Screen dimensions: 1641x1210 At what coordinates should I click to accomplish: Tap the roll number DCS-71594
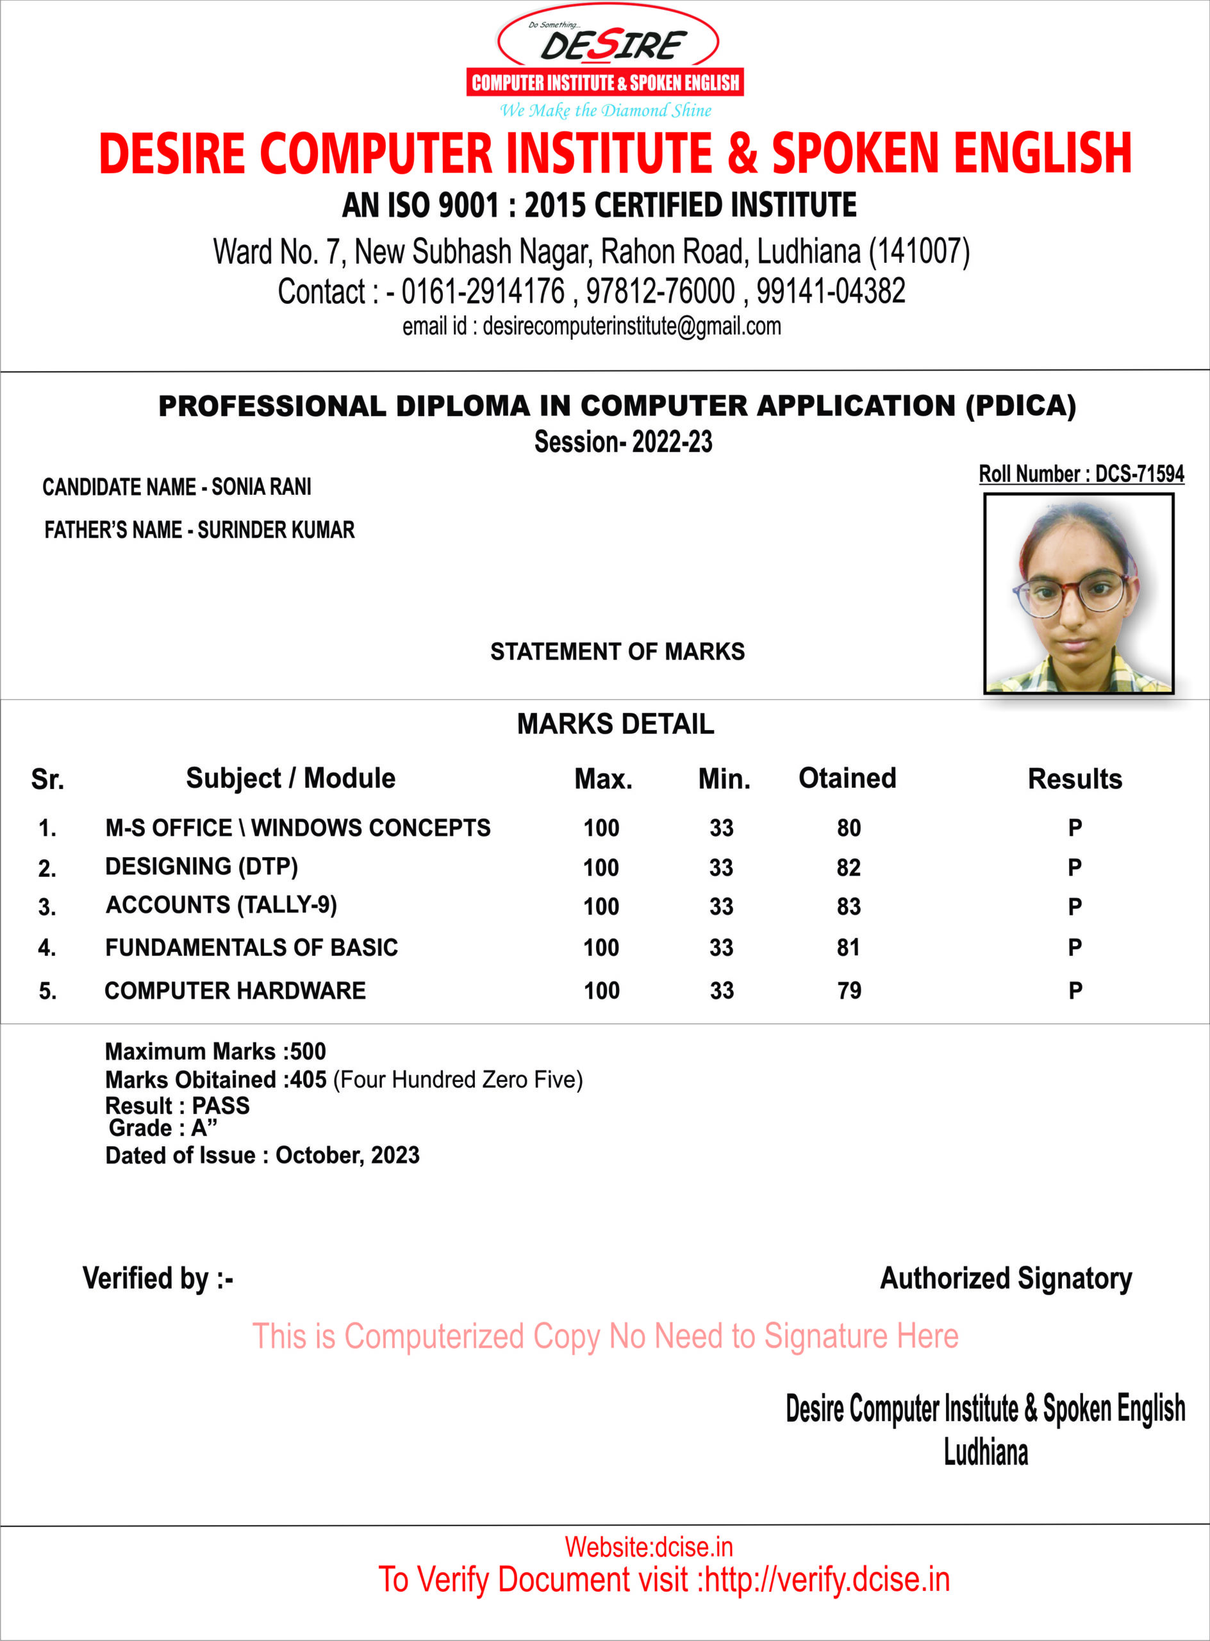[1139, 474]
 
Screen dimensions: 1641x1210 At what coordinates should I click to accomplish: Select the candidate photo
[1078, 594]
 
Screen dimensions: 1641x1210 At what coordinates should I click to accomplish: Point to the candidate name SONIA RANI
[261, 487]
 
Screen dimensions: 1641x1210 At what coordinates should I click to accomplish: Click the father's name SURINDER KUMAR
[276, 530]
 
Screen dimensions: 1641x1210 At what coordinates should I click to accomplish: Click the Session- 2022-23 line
[622, 442]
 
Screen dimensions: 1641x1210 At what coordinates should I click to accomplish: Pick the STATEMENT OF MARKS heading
[617, 651]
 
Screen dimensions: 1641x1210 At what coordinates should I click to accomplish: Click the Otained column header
[847, 778]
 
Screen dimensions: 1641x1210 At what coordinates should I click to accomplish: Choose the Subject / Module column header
[290, 778]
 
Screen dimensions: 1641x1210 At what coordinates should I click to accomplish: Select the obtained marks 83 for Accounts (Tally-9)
[849, 907]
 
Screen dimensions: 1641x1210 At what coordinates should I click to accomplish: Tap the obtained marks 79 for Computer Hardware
[849, 991]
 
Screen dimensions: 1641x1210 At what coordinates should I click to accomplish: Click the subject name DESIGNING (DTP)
[201, 867]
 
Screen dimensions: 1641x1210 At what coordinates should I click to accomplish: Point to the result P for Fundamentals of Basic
[1075, 948]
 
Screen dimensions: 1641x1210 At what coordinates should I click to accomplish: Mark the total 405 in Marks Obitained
[308, 1080]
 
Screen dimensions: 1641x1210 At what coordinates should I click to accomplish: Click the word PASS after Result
[220, 1106]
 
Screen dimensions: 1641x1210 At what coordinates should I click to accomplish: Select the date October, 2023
[347, 1155]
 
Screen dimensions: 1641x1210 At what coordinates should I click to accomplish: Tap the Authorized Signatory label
[1006, 1278]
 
